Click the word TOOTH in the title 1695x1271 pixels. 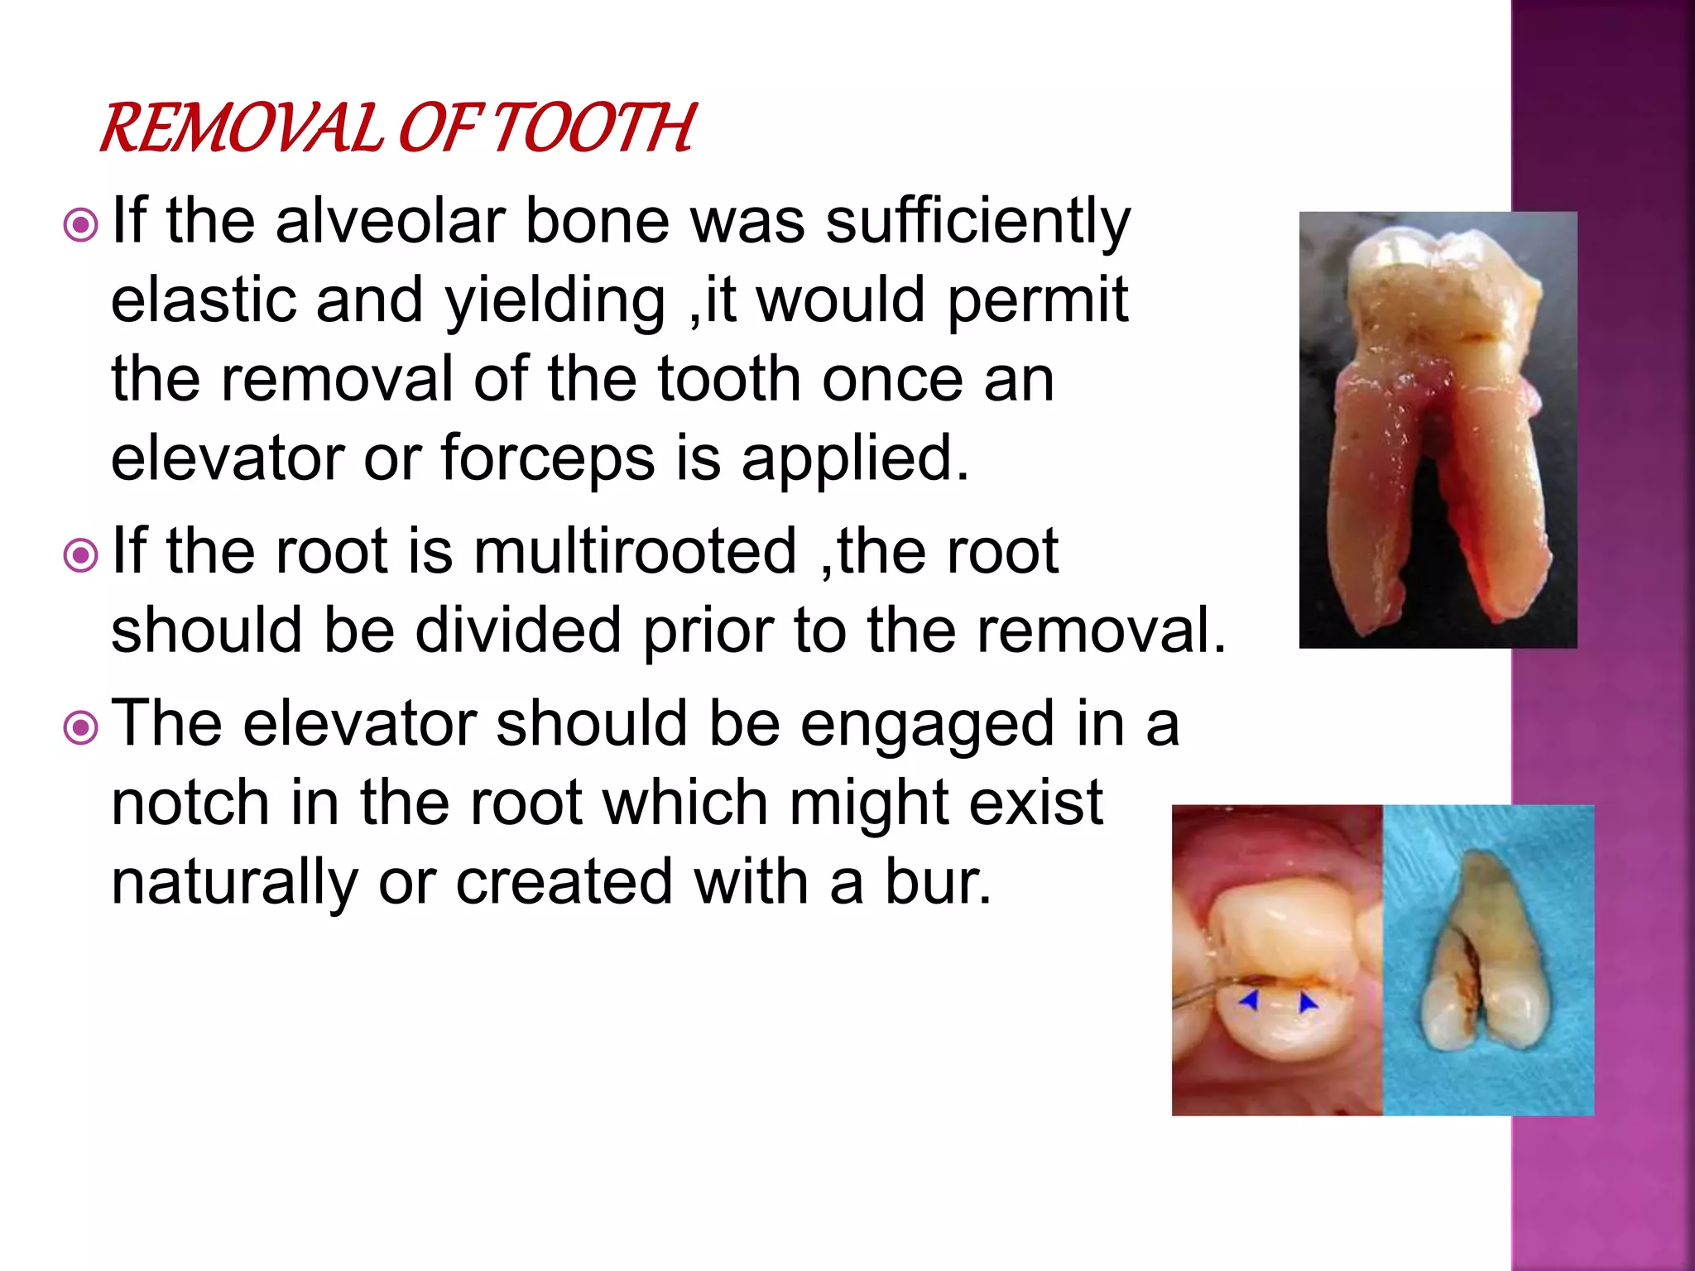(594, 129)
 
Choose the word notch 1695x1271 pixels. (190, 803)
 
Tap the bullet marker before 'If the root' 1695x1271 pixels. (81, 555)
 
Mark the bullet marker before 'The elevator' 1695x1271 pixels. (81, 727)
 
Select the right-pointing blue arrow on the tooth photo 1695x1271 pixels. (1308, 1003)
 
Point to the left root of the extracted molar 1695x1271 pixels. (1374, 496)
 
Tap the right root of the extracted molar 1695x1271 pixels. (1498, 496)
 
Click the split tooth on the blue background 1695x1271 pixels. (1481, 960)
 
